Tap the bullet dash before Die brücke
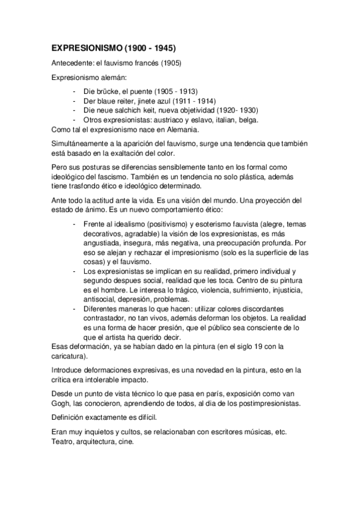pyautogui.click(x=73, y=92)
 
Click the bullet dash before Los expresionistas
pyautogui.click(x=73, y=272)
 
